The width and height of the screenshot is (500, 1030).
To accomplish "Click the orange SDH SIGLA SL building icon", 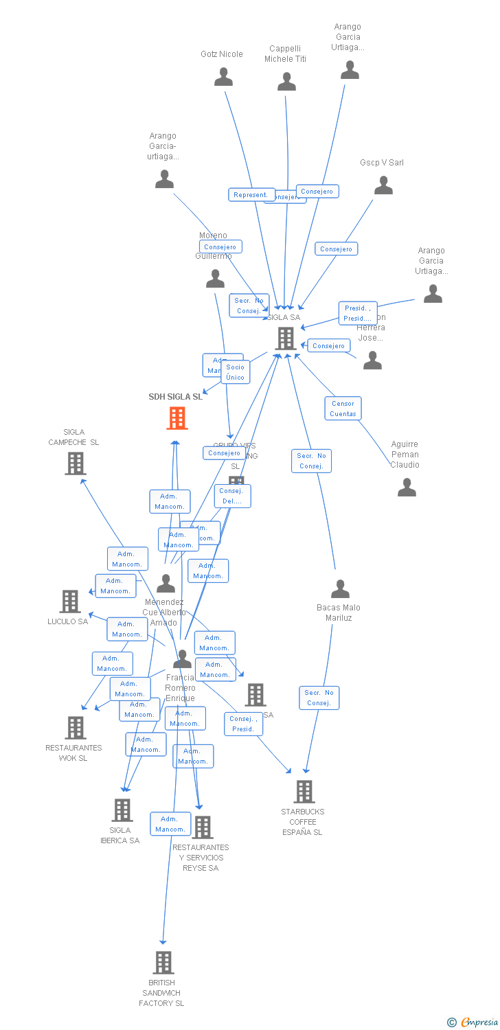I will [x=177, y=417].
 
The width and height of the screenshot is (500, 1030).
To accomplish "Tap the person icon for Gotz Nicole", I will [x=223, y=77].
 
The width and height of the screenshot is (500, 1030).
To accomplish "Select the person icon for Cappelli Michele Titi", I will [x=286, y=82].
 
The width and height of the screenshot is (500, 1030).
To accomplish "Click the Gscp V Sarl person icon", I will [x=383, y=185].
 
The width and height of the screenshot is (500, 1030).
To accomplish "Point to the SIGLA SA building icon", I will [x=286, y=338].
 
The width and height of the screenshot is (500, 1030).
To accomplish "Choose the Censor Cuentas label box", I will [x=343, y=409].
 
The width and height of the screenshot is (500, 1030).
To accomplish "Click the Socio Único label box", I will [x=235, y=372].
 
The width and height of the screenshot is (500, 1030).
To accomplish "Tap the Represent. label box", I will [x=251, y=195].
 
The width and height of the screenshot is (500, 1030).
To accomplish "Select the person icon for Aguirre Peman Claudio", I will [x=407, y=488].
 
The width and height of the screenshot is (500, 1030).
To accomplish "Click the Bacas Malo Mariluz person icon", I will [x=340, y=589].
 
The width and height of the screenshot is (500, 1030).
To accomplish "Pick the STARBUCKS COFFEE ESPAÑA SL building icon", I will [x=304, y=792].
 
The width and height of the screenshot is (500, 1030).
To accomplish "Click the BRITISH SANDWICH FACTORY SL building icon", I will [x=163, y=963].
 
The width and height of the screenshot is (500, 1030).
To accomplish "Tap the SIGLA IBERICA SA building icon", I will [x=122, y=810].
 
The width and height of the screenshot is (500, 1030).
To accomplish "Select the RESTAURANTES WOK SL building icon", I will [x=75, y=728].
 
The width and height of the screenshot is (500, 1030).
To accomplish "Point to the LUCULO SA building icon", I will [x=70, y=602].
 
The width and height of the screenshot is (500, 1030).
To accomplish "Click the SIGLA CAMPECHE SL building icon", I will [x=75, y=463].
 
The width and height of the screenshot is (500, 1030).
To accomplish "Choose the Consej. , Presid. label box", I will [x=243, y=724].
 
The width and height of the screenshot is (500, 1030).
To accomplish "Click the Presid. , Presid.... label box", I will [x=358, y=313].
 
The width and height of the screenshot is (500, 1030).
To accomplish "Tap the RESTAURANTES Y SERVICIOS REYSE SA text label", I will [x=201, y=858].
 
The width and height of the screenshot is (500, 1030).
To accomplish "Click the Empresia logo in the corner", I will [x=474, y=1022].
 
